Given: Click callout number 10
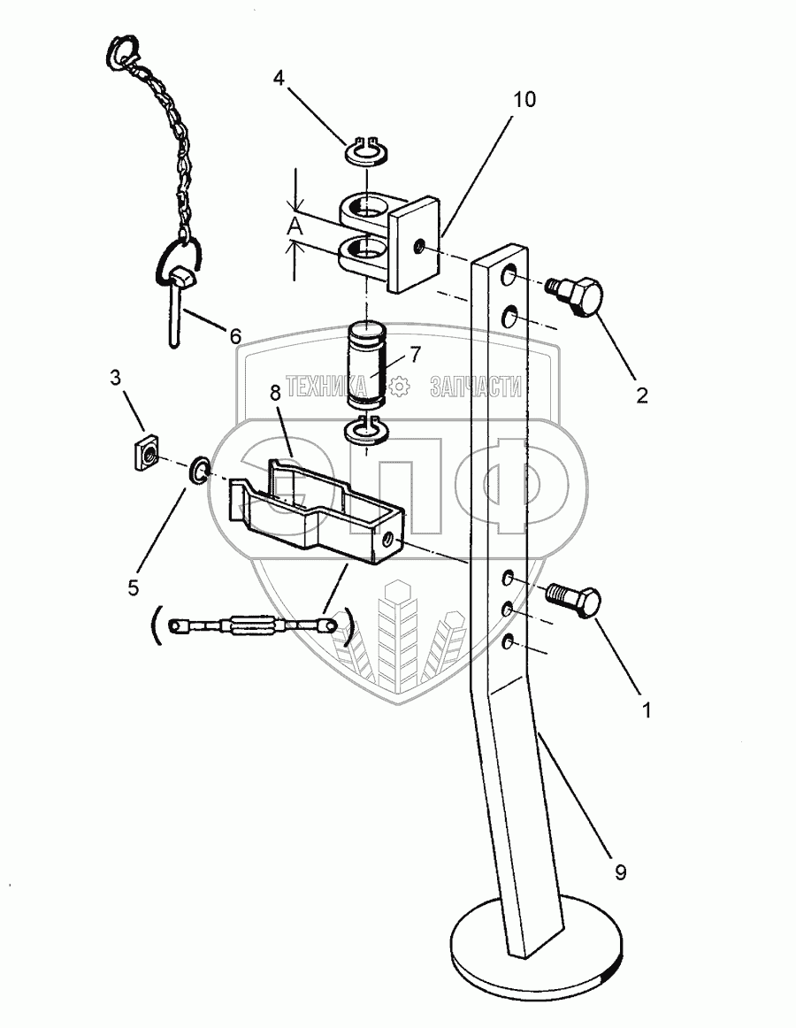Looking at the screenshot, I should click(524, 99).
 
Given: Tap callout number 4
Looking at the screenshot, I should click(279, 79).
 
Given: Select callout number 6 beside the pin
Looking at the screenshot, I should click(234, 336).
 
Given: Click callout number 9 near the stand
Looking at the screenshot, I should click(621, 872).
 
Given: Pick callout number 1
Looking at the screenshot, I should click(647, 710).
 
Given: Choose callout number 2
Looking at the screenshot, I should click(641, 395).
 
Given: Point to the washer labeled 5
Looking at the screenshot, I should click(199, 472).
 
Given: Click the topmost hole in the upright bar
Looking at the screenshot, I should click(510, 279).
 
